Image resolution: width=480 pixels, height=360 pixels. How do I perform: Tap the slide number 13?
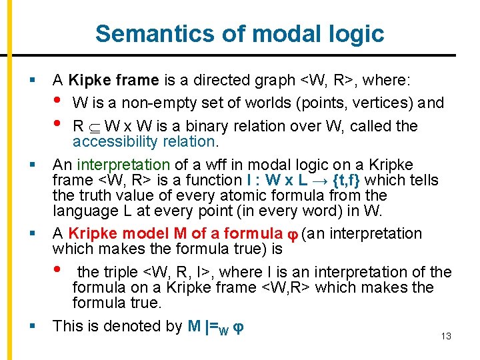(446, 337)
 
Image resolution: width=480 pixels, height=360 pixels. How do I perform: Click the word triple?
(121, 272)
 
